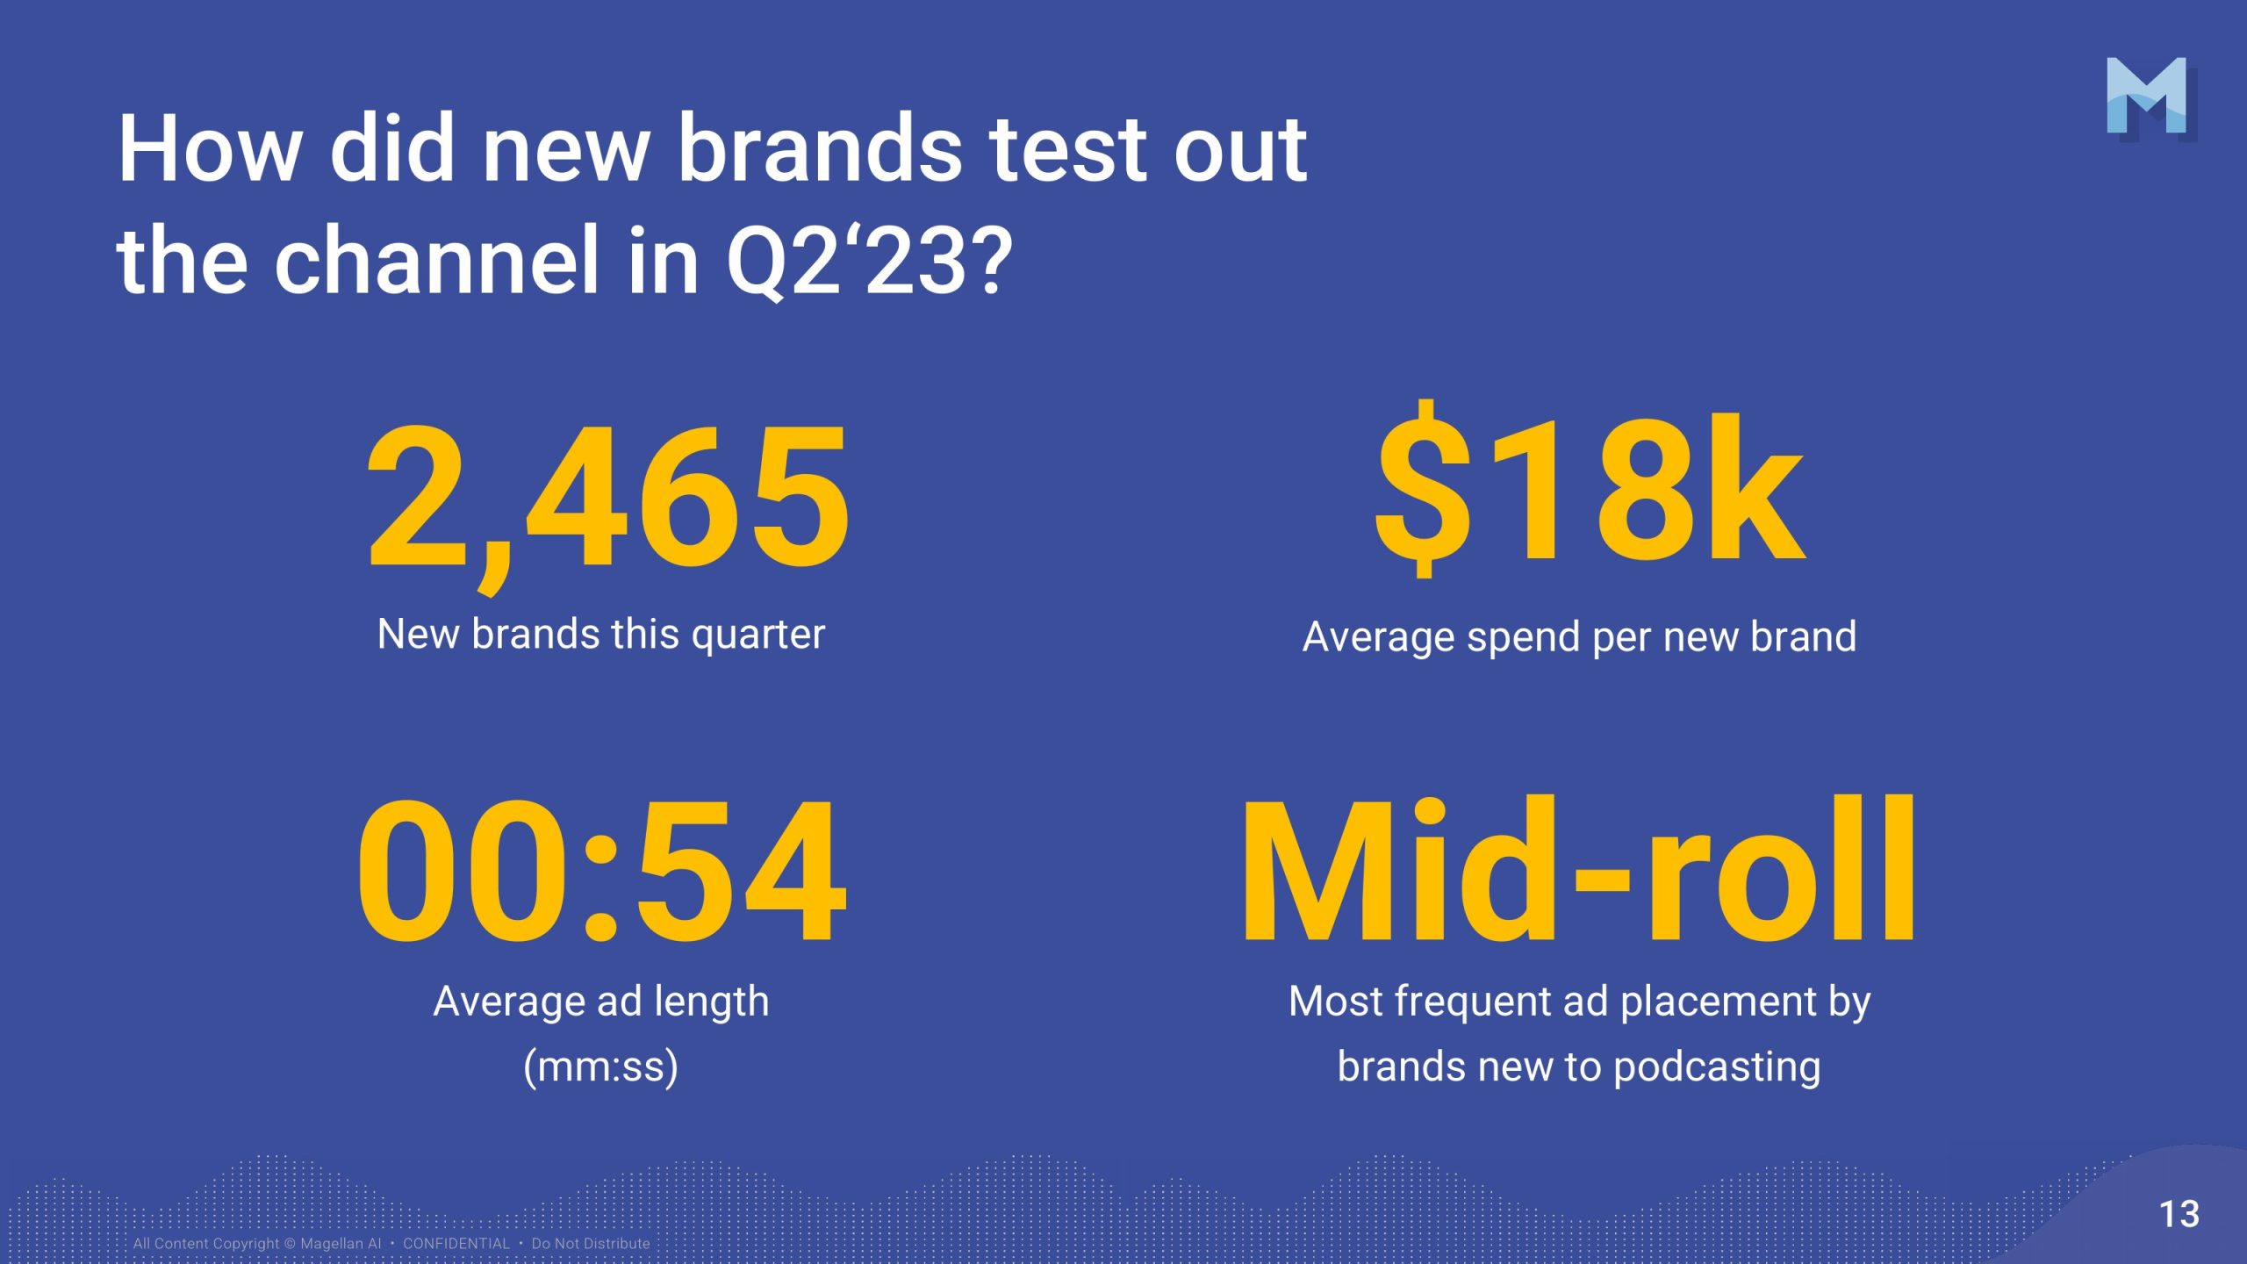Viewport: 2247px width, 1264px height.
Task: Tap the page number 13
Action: [x=2179, y=1215]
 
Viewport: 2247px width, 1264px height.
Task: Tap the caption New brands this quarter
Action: [x=601, y=634]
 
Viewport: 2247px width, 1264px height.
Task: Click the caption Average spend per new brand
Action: [x=1579, y=636]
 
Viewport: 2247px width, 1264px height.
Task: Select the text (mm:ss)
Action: [x=601, y=1067]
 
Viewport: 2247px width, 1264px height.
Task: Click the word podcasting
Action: [x=1717, y=1067]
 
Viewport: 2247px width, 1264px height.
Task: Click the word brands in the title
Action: [x=821, y=148]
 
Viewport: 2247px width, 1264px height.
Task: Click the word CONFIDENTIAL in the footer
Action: [x=456, y=1244]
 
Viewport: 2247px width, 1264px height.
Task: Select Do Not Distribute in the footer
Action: [x=591, y=1244]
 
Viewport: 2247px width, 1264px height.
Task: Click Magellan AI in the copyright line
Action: [x=341, y=1244]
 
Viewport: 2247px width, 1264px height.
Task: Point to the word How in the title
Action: [x=209, y=148]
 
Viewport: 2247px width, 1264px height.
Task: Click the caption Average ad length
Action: [x=601, y=1001]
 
